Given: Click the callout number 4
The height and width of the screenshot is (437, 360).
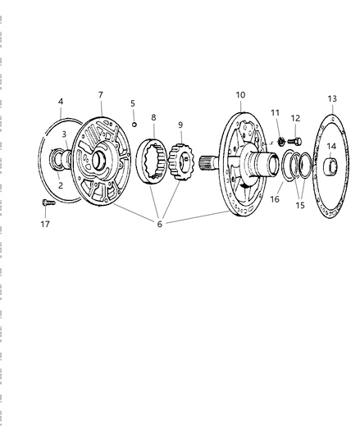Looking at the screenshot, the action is pos(61,102).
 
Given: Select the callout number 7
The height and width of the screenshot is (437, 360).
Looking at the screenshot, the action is pos(101,95).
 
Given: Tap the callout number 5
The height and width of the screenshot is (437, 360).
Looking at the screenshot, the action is pos(133,103).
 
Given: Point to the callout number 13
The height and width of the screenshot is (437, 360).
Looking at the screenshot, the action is pos(332,98).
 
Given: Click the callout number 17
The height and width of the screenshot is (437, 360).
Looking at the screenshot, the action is pos(45,224).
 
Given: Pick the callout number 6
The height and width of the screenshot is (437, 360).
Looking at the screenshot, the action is pos(160,224).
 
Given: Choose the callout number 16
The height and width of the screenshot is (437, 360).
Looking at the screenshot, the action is pos(275,199).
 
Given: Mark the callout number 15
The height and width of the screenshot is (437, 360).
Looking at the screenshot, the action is pos(300,206).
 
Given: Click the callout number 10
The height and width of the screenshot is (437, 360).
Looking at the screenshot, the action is pos(240,95).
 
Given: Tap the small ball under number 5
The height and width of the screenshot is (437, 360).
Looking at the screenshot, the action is pos(134,125).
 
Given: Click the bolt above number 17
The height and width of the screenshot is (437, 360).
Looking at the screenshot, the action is pos(48,203).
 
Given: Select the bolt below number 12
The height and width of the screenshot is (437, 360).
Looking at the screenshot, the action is pos(294,142).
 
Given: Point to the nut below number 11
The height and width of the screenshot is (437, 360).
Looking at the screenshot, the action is pos(281,142).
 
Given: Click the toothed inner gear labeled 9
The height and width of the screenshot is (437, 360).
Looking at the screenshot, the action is pos(180,162).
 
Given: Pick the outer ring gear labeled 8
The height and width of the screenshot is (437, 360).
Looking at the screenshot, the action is pos(153,162).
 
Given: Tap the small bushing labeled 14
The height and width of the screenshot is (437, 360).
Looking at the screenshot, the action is pos(330,166).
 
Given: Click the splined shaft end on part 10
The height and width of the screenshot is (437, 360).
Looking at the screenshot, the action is pos(207,163).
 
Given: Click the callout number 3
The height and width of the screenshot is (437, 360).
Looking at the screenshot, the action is pos(64,134).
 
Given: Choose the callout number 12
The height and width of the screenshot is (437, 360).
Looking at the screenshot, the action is pos(295,118).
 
